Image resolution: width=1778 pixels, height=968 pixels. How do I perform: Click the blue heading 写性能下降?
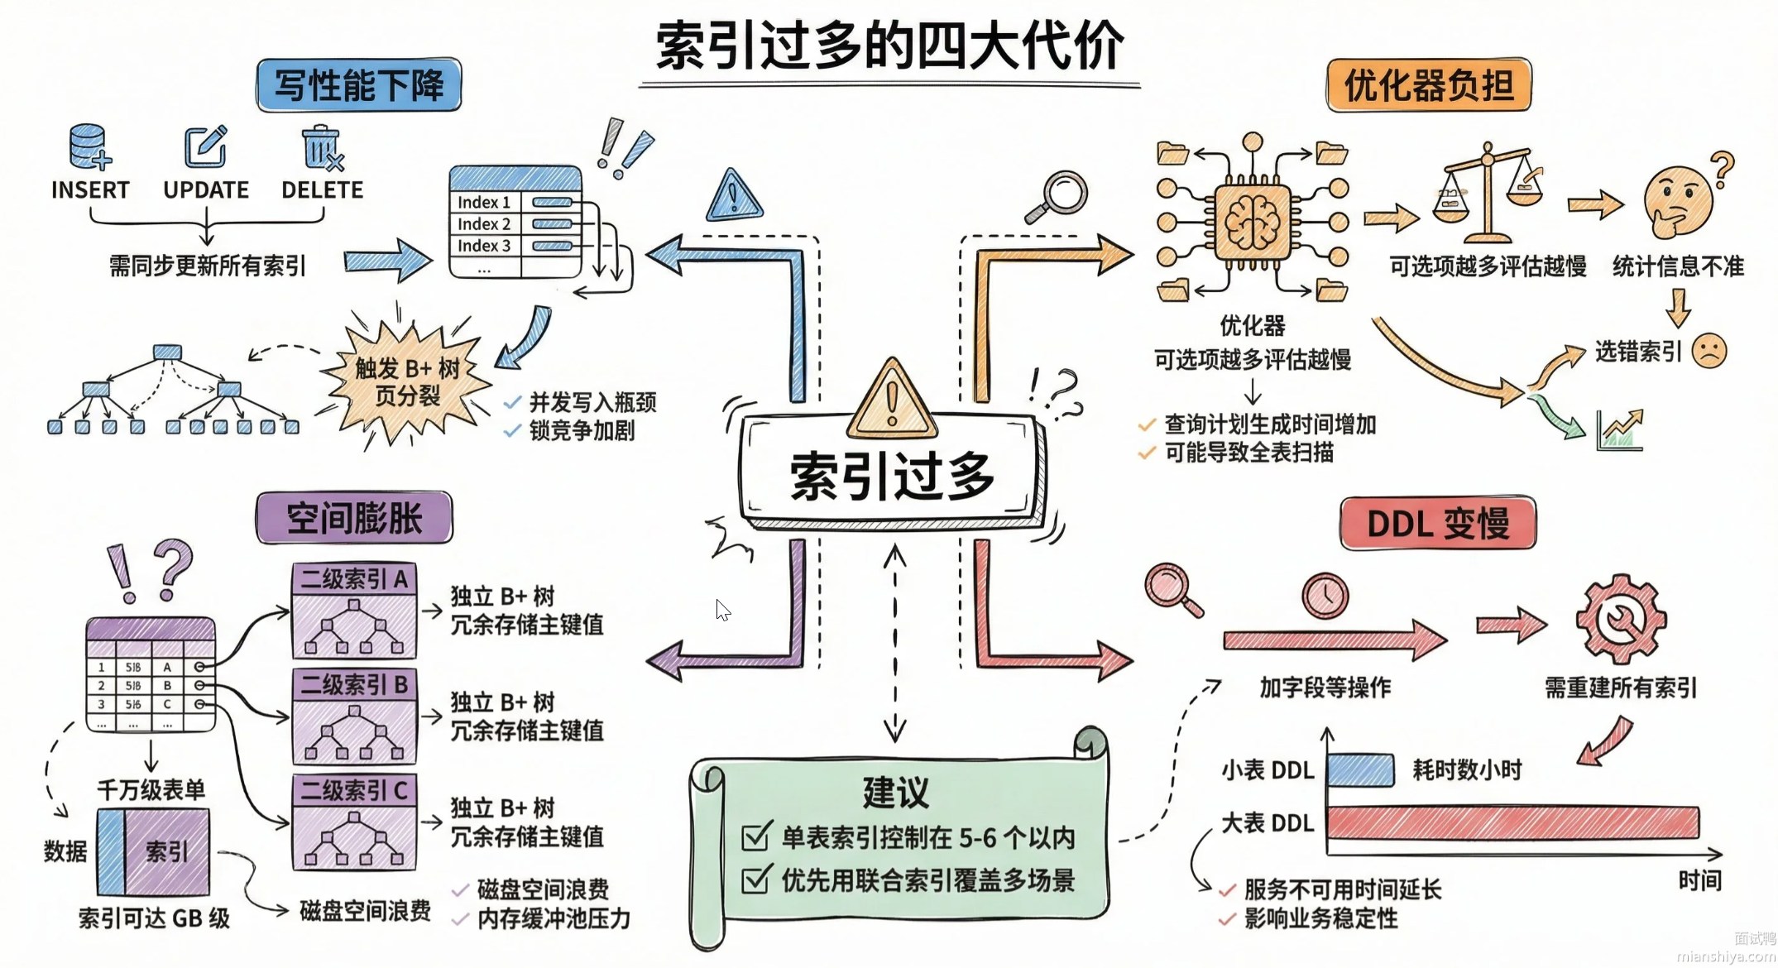[358, 85]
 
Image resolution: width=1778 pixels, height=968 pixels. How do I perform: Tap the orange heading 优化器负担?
[1428, 85]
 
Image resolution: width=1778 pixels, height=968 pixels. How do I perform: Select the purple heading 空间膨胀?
[354, 519]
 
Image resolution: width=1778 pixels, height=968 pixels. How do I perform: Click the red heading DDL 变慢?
[1438, 524]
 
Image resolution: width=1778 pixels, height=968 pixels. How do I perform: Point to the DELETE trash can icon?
[321, 147]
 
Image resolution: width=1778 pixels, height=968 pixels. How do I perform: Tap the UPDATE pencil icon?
[205, 147]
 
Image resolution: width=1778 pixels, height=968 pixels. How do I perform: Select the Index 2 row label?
[484, 224]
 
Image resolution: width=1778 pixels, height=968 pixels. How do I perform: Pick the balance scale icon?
[1487, 192]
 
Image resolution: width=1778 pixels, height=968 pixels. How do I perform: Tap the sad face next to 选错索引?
[1709, 351]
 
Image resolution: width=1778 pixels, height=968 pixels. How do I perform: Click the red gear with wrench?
[1620, 618]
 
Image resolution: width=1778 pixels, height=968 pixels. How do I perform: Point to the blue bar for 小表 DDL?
[1361, 770]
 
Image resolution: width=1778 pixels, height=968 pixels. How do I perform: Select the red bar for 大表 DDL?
[1512, 823]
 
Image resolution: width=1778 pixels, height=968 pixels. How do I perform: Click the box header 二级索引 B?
[354, 685]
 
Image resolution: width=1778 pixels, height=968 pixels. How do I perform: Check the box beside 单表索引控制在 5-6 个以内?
[756, 837]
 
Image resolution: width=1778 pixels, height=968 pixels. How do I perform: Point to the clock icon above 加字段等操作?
[1325, 595]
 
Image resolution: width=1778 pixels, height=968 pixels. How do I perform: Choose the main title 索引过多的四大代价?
[889, 46]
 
